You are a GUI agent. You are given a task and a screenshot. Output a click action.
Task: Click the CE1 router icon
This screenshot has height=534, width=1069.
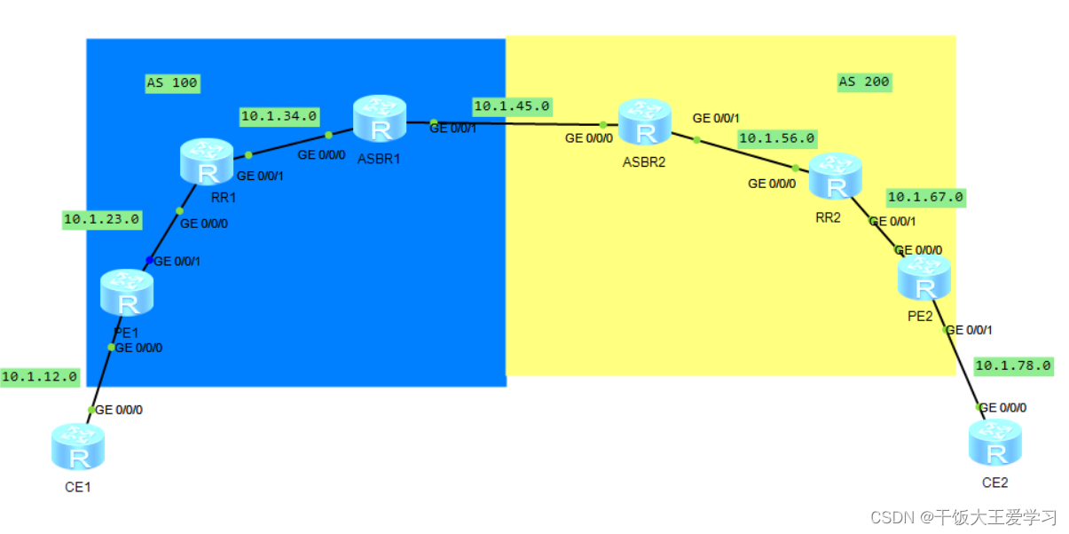pos(78,446)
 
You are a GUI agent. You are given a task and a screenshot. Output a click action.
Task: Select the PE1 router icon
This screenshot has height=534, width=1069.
pos(127,294)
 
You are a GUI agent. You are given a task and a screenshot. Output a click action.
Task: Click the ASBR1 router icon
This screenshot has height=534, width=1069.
pos(380,120)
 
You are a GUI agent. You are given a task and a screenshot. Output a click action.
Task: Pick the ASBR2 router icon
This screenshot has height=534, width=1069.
pos(645,122)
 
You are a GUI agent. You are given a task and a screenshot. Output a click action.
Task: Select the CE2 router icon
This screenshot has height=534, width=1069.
pos(995,443)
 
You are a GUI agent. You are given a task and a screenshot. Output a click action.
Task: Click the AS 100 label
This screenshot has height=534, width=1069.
pos(172,83)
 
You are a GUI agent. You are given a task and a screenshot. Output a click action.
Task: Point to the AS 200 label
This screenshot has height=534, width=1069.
pos(864,82)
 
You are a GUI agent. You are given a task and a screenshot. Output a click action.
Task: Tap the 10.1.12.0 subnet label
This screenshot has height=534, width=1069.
pos(40,377)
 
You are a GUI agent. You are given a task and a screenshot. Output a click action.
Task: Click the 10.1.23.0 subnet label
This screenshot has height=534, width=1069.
pos(102,219)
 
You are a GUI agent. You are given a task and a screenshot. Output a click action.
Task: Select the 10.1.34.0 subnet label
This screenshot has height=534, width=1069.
pos(279,115)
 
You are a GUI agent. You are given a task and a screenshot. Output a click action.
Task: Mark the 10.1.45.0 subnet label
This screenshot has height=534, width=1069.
pos(512,106)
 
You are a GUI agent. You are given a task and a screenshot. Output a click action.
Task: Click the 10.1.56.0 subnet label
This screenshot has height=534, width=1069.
pos(777,138)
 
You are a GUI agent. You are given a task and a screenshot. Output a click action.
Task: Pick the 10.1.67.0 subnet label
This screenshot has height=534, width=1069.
pos(925,197)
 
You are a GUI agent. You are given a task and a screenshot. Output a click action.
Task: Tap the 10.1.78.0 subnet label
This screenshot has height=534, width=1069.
pos(1013,365)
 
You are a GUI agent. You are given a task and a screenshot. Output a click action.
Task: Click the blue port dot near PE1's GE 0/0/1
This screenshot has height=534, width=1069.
pos(150,260)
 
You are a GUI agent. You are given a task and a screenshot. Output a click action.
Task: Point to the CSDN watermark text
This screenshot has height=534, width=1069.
pos(963,517)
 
